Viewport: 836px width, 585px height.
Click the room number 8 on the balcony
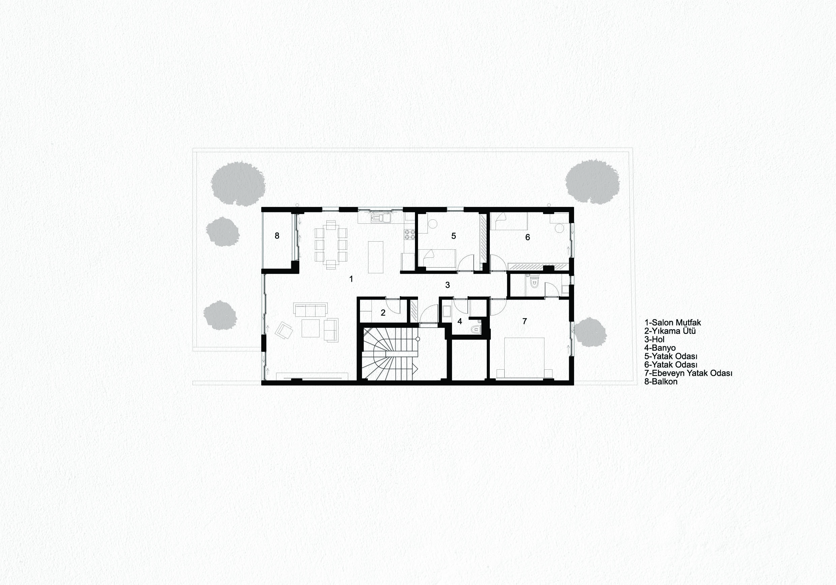click(x=277, y=236)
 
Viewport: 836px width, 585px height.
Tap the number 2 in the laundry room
click(x=383, y=313)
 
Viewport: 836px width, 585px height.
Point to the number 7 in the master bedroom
click(x=524, y=321)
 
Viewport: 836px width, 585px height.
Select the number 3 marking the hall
click(x=447, y=285)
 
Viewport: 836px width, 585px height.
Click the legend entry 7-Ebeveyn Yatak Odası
click(x=688, y=373)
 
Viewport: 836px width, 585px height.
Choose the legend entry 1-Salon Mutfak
click(x=673, y=322)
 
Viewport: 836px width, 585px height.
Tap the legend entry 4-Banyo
click(x=660, y=348)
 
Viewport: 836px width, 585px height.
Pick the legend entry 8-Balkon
click(x=661, y=381)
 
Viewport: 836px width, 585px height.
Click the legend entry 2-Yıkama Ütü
click(x=670, y=331)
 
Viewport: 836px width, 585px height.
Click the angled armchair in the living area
click(x=284, y=330)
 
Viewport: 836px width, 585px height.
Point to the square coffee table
click(x=310, y=328)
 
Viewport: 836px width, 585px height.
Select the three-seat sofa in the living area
click(x=310, y=309)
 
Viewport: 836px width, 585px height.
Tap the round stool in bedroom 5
click(x=433, y=224)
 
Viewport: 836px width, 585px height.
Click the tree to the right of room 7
click(x=590, y=332)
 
